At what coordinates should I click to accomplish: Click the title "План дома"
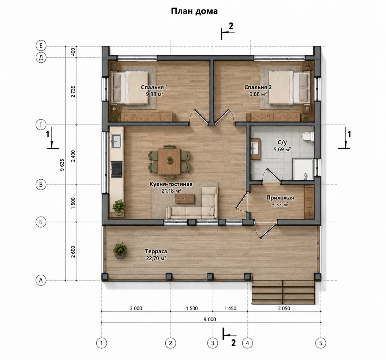point(194,11)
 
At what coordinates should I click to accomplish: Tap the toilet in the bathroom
point(307,136)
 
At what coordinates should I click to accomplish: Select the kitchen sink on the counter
point(116,141)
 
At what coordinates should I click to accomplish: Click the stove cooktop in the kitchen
point(117,169)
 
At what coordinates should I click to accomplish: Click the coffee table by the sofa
point(185,199)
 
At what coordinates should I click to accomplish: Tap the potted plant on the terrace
point(120,250)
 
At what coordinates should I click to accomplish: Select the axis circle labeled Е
point(41,46)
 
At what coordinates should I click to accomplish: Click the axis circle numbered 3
point(212,343)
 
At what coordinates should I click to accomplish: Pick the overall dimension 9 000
point(210,319)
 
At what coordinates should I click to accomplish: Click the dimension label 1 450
point(230,308)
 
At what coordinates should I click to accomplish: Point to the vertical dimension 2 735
point(73,91)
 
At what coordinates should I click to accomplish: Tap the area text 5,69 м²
point(282,149)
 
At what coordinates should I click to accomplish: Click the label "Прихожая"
point(280,198)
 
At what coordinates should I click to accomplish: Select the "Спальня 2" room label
point(258,87)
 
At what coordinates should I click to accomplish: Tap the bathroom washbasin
point(255,149)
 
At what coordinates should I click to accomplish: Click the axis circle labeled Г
point(41,124)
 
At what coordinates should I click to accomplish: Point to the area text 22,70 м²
point(156,258)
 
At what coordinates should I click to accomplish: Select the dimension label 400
point(73,52)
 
